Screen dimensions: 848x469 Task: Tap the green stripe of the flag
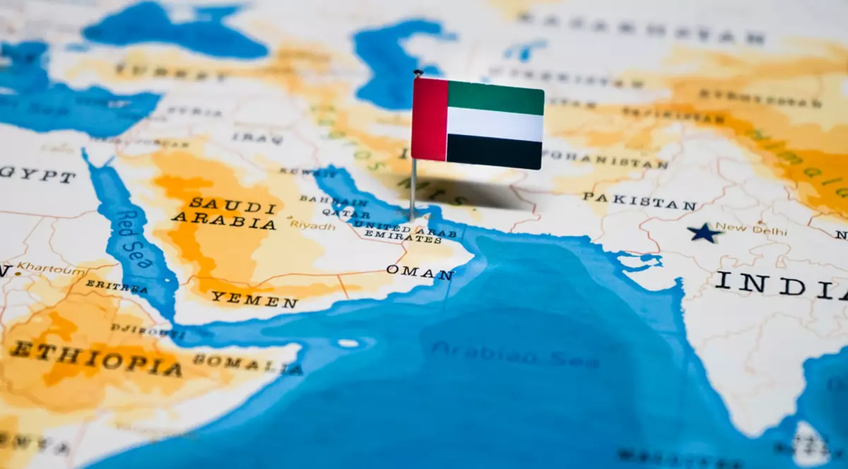(495, 97)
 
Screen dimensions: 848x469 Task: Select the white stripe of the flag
(495, 124)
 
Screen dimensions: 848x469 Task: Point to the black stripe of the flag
(495, 151)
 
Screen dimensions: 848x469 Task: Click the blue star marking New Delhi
(704, 232)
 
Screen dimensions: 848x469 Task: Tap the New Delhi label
(742, 229)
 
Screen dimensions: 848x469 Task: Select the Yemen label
(254, 299)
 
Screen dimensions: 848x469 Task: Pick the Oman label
(419, 272)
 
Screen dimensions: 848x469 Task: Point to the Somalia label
(247, 364)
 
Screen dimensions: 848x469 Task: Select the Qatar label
(346, 213)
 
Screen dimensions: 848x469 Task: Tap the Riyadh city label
(312, 226)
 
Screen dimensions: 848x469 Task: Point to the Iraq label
(248, 137)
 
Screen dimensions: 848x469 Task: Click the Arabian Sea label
(515, 356)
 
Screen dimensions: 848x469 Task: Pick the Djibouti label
(138, 330)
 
